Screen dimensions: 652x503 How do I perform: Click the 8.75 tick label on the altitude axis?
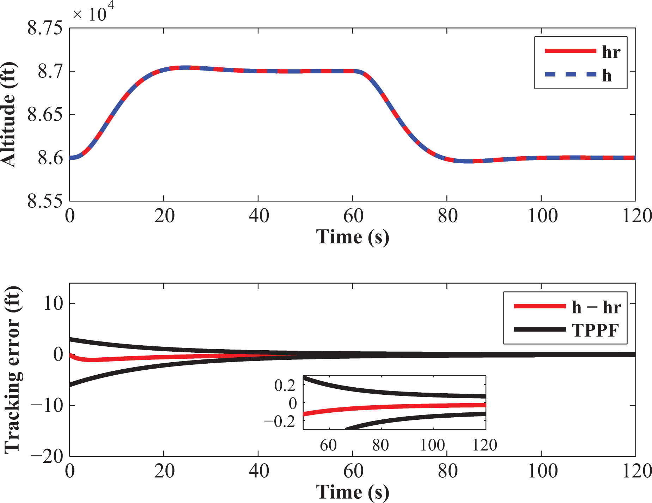click(45, 28)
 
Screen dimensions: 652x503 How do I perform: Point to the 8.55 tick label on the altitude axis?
click(45, 201)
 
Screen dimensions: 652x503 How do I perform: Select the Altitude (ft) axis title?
click(8, 114)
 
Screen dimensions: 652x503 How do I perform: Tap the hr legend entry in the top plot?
click(611, 52)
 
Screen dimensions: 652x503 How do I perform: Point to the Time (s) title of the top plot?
click(353, 237)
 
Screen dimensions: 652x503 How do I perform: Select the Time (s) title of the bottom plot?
click(353, 492)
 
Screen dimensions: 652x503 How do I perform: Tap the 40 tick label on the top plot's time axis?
click(258, 216)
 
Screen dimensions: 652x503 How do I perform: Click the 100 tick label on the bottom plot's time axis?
click(542, 471)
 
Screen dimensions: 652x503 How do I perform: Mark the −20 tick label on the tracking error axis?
click(47, 456)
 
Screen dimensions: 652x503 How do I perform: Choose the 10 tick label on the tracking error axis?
click(53, 303)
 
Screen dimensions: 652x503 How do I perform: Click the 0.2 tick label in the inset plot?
click(285, 385)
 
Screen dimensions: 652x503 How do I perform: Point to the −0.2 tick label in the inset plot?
click(280, 421)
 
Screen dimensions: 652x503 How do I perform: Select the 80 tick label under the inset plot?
click(381, 445)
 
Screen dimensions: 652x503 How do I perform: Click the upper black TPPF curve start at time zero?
click(70, 339)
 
